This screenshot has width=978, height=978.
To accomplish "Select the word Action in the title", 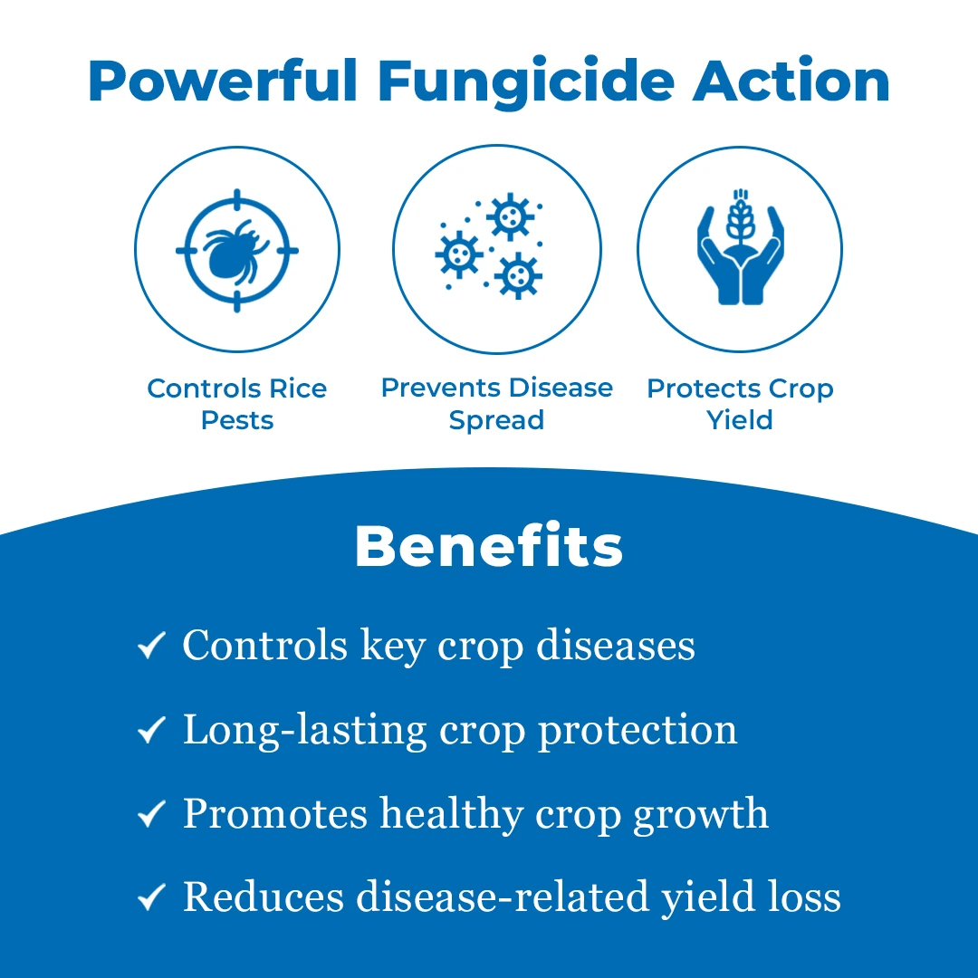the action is click(791, 81).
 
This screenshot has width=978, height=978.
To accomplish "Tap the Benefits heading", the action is click(489, 546).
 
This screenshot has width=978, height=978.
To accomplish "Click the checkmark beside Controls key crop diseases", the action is click(151, 645).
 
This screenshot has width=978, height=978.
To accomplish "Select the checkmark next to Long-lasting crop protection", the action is click(151, 729).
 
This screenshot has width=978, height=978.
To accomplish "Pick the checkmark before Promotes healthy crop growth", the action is click(151, 813).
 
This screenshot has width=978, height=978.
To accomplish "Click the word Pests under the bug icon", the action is click(237, 420).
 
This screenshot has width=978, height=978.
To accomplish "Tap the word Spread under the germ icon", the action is click(496, 421).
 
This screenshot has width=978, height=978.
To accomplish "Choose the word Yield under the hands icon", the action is click(740, 420).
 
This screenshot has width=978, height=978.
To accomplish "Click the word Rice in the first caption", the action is click(298, 388).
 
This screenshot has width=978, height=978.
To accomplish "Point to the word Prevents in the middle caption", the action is click(432, 388).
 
